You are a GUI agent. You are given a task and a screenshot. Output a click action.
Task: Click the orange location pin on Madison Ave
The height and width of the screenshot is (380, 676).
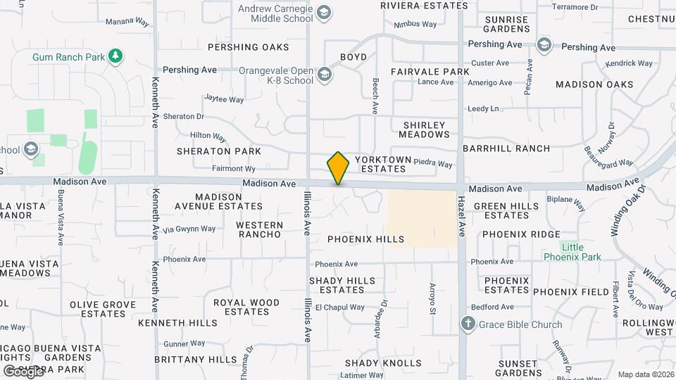point(338,168)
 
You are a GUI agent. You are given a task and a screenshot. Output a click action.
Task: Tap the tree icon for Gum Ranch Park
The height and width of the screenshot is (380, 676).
point(115,56)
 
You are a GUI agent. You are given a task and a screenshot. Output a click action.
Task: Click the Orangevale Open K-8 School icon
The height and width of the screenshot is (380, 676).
point(324,74)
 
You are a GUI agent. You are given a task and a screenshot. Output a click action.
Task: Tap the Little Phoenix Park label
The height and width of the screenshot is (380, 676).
point(572,252)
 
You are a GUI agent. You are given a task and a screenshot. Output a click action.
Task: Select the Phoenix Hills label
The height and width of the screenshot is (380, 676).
point(365,239)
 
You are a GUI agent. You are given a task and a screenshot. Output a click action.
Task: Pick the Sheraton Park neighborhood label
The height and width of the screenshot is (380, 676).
point(219,151)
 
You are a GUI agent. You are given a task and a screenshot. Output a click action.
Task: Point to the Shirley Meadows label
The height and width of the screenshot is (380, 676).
point(425,129)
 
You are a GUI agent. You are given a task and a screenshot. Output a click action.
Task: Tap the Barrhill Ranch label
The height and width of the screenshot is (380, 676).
point(506,148)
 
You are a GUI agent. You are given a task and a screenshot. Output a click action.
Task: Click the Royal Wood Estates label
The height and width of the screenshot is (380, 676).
point(246,307)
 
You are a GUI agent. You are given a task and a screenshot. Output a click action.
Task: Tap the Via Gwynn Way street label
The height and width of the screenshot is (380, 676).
point(189,229)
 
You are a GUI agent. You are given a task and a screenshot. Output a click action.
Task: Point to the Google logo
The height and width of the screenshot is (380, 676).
point(23,372)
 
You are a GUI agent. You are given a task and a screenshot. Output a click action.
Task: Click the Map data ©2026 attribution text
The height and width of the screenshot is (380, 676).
point(646,374)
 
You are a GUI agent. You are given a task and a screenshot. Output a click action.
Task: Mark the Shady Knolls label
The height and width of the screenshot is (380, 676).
point(383,363)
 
